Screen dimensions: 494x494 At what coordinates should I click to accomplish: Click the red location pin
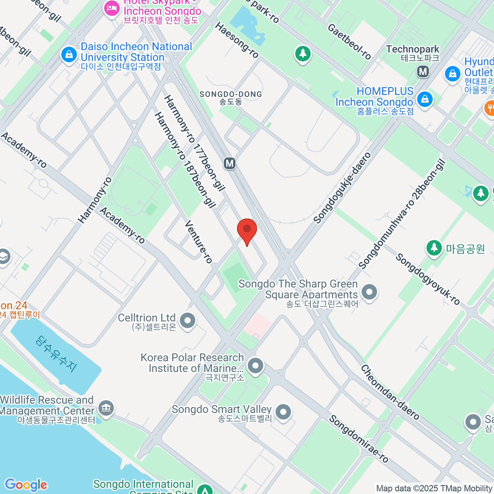pyautogui.click(x=247, y=229)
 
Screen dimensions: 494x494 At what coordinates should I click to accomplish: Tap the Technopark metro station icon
pyautogui.click(x=423, y=72)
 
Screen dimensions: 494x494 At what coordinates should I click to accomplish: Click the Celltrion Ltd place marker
pyautogui.click(x=188, y=321)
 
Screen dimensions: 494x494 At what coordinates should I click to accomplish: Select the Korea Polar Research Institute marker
pyautogui.click(x=256, y=365)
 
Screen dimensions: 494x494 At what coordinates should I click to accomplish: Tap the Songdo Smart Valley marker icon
pyautogui.click(x=283, y=412)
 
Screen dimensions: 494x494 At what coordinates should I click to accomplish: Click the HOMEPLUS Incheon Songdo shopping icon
pyautogui.click(x=424, y=99)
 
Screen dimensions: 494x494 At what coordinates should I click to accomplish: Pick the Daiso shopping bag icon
pyautogui.click(x=69, y=54)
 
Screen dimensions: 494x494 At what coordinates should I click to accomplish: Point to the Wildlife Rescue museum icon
pyautogui.click(x=107, y=408)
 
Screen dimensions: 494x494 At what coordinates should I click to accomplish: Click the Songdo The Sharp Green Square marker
pyautogui.click(x=369, y=292)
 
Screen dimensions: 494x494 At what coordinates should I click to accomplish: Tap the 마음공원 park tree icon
pyautogui.click(x=433, y=248)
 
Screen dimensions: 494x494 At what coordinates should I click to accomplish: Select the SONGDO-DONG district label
pyautogui.click(x=231, y=98)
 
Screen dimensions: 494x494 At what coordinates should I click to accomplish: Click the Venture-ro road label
pyautogui.click(x=198, y=242)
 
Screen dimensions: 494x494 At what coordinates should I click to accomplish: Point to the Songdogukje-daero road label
pyautogui.click(x=342, y=188)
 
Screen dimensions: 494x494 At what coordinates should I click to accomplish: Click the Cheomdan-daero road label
pyautogui.click(x=390, y=392)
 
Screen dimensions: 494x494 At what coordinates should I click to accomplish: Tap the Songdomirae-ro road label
pyautogui.click(x=358, y=439)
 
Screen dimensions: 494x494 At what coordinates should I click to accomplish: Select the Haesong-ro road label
pyautogui.click(x=237, y=40)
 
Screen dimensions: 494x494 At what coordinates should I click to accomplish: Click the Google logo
pyautogui.click(x=26, y=485)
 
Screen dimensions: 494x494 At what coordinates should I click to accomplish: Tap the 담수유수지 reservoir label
pyautogui.click(x=56, y=354)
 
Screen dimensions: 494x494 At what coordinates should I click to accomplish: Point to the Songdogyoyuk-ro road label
pyautogui.click(x=427, y=279)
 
